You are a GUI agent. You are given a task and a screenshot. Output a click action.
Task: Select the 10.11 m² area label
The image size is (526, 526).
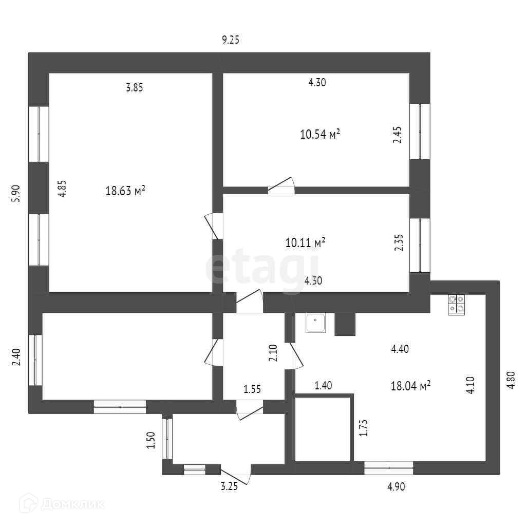[306, 242]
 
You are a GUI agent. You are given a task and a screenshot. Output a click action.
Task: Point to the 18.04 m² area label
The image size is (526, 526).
[410, 386]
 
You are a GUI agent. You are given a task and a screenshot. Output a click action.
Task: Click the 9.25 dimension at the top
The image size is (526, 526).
[231, 40]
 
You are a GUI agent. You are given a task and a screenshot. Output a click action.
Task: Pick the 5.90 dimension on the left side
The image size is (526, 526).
[16, 193]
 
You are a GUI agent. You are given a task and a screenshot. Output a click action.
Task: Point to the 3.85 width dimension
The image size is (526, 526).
[134, 87]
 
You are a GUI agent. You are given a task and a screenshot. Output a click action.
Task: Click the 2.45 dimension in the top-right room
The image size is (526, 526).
[397, 135]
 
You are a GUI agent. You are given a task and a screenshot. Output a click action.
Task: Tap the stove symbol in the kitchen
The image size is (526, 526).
[456, 305]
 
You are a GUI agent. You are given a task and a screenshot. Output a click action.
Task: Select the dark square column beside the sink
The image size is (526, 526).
[345, 324]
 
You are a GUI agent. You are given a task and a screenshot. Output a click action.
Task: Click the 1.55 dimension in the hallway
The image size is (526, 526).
[252, 389]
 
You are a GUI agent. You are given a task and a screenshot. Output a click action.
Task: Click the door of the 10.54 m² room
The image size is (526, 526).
[281, 186]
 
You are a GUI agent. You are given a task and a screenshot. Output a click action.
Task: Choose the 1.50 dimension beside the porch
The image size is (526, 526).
[151, 440]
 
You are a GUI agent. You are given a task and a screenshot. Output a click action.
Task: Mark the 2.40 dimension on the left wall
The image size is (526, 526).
[16, 356]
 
